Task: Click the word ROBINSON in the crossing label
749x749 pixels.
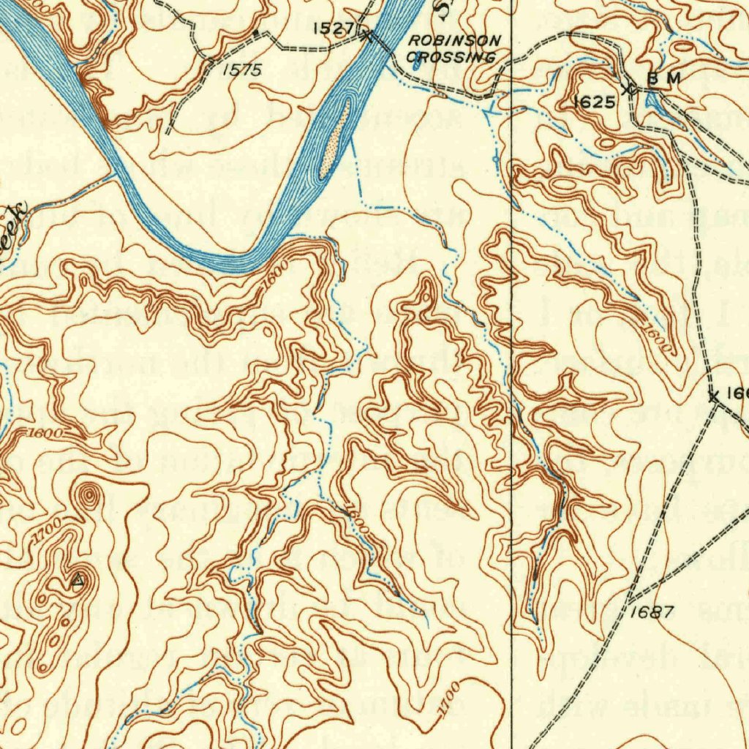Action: (x=454, y=40)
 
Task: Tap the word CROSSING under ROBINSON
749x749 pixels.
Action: (x=451, y=57)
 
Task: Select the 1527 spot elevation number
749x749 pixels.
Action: (x=333, y=29)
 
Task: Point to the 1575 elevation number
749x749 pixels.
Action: (x=242, y=71)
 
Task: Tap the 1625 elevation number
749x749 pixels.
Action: (x=593, y=102)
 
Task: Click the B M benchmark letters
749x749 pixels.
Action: (x=663, y=78)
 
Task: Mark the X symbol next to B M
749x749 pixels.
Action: (x=628, y=90)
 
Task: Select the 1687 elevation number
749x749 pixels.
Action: (x=650, y=612)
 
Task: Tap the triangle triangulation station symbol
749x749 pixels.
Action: (x=78, y=581)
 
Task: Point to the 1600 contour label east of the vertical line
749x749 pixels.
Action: (x=659, y=339)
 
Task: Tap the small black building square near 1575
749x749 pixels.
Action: (x=255, y=33)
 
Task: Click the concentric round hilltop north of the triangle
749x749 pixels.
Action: (x=89, y=497)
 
